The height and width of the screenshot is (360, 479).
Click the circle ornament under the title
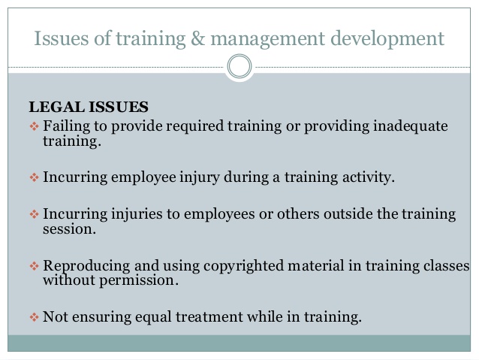tap(239, 68)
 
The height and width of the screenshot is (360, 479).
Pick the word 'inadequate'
tap(409, 126)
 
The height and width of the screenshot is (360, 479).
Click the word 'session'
tap(68, 229)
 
